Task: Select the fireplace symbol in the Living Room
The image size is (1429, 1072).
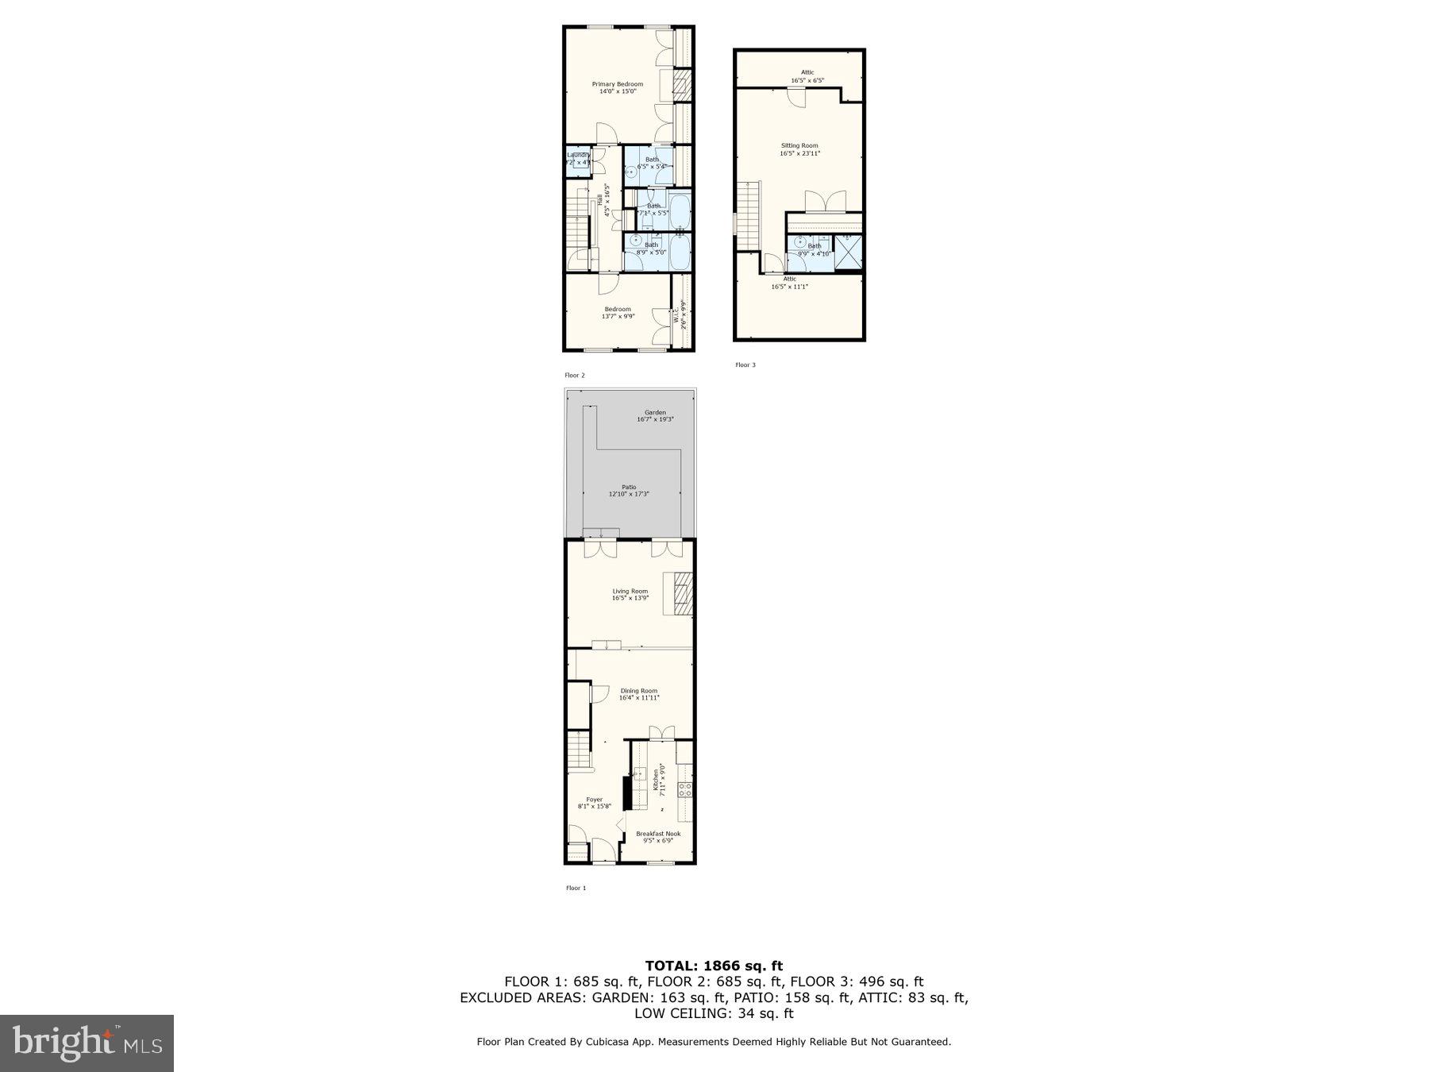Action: [x=682, y=593]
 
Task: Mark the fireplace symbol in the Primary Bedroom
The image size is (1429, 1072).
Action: [x=683, y=86]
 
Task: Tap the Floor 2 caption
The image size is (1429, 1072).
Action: [x=575, y=375]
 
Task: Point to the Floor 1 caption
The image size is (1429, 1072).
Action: [x=576, y=888]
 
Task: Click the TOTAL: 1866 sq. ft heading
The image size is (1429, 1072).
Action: [x=714, y=966]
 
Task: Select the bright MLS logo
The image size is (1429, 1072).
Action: [x=87, y=1043]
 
